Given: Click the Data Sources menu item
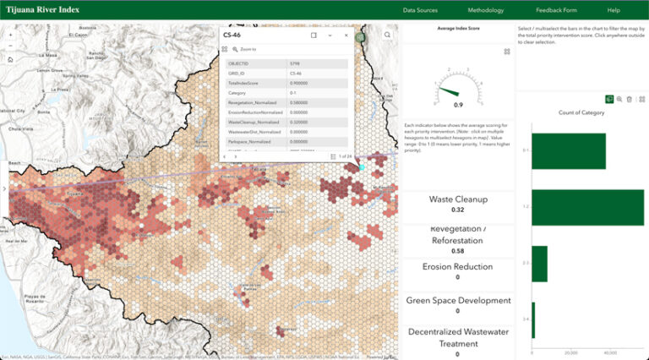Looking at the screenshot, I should (x=420, y=10).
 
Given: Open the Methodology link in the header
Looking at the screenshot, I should (x=485, y=10).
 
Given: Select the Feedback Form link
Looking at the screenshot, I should (x=556, y=10).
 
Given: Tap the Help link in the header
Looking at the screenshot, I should (x=614, y=10).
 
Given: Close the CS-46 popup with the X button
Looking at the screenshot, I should (x=346, y=35).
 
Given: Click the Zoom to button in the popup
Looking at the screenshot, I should (x=246, y=50).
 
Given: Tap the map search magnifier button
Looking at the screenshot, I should (x=388, y=35).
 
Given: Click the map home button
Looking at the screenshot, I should (x=10, y=60).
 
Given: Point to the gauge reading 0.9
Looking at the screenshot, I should (x=458, y=105).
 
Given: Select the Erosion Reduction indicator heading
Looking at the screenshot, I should (x=458, y=266).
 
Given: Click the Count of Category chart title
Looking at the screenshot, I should (x=582, y=112).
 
